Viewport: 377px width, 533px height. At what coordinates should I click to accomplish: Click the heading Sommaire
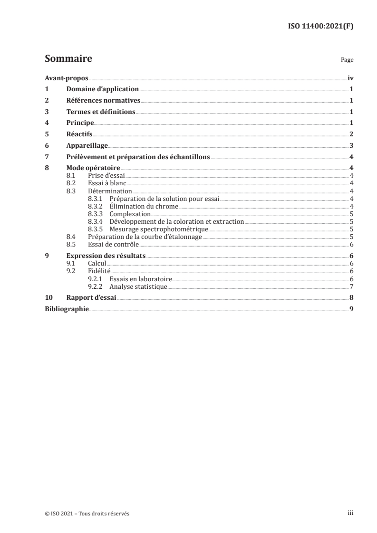coord(68,59)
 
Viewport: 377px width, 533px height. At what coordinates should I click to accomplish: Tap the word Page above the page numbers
coord(347,61)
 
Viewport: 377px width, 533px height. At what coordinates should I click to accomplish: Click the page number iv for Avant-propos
coord(350,78)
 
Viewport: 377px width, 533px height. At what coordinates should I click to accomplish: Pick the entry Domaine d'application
coord(103,89)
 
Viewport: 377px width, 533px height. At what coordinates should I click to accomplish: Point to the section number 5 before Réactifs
coord(47,134)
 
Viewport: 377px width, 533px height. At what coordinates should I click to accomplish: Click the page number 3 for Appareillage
coord(351,146)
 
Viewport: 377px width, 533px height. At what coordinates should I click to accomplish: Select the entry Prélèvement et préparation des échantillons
coord(138,157)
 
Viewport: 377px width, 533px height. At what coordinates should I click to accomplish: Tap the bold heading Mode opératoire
coord(93,168)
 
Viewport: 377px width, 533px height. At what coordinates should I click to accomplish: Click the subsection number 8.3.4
coord(97,221)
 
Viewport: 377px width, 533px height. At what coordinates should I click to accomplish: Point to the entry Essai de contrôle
coord(114,244)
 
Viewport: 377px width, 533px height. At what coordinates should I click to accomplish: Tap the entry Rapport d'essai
coord(92,298)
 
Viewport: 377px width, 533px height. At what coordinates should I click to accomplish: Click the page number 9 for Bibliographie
coord(351,309)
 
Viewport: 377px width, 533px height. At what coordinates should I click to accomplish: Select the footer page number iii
coord(350,513)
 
